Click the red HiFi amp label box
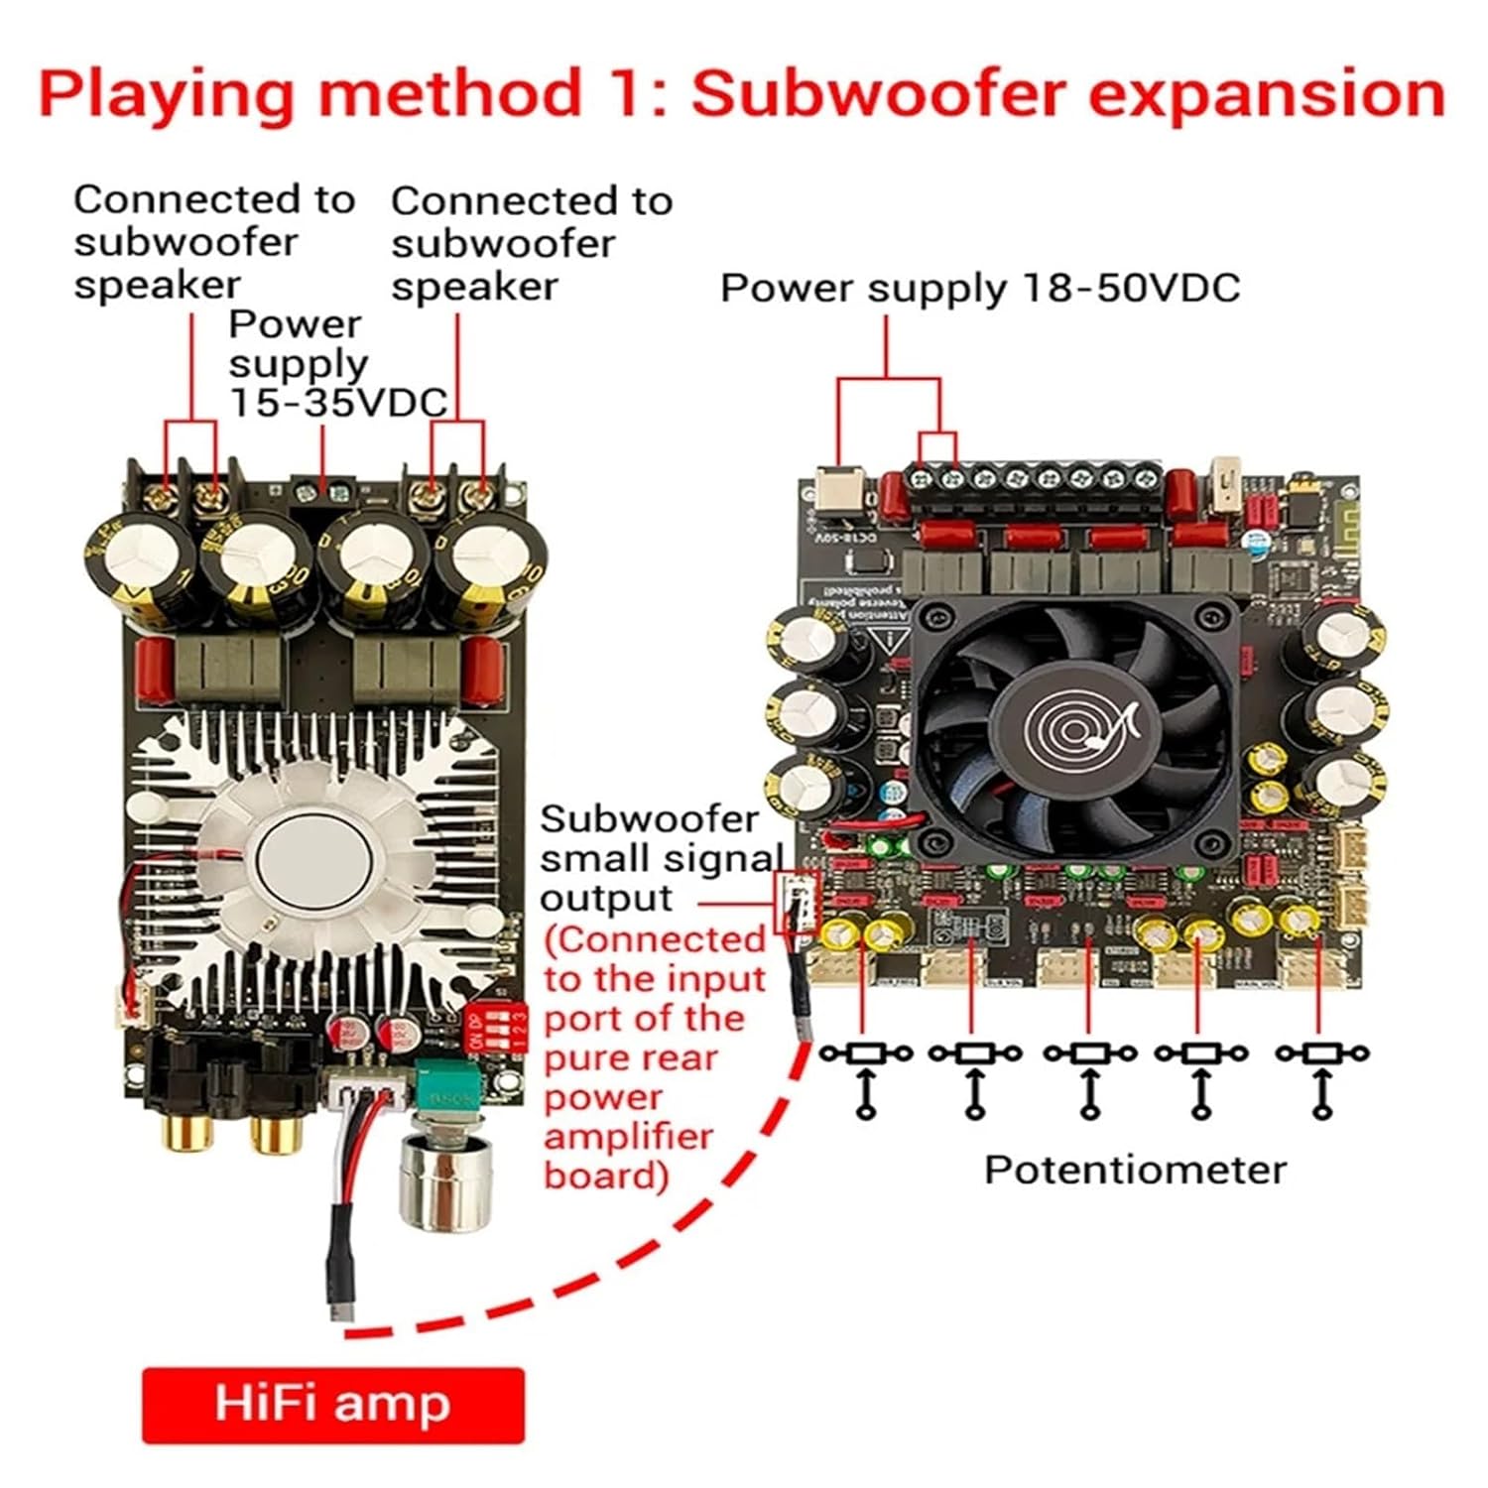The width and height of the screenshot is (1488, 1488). click(x=332, y=1405)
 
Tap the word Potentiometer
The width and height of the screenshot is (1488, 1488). click(x=1134, y=1170)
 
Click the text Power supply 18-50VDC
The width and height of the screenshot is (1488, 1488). click(x=979, y=289)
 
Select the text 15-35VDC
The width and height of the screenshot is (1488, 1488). click(x=338, y=403)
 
